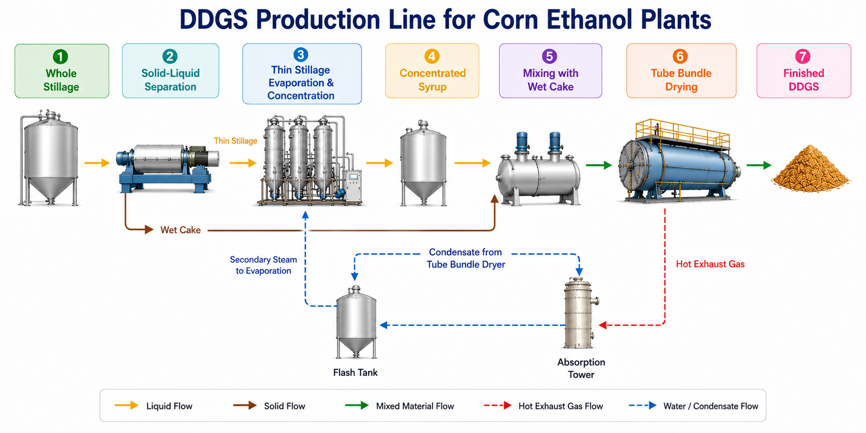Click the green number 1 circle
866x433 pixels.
[x=61, y=57]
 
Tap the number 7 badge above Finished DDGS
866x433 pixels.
[x=803, y=57]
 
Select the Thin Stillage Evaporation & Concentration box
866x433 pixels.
[x=302, y=74]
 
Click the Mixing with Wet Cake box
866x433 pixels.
[x=550, y=71]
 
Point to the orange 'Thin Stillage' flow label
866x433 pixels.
[x=235, y=141]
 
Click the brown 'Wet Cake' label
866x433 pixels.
[x=181, y=230]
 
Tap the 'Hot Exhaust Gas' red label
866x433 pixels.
[x=710, y=264]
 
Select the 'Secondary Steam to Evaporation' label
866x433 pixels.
[x=264, y=265]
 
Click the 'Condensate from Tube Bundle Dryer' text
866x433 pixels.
[x=466, y=258]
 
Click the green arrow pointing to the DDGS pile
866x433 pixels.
[x=759, y=165]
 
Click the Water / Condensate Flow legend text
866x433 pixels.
[x=711, y=406]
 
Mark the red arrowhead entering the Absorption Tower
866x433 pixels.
[x=603, y=325]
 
